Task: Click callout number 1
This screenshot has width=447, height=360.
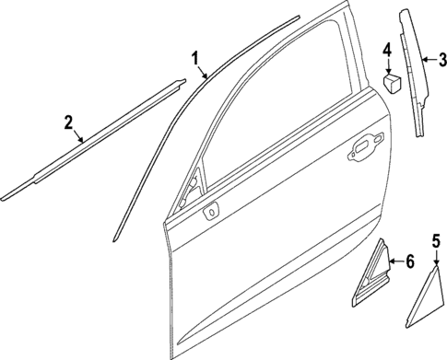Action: (195, 60)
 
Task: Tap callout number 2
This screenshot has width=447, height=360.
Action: (67, 121)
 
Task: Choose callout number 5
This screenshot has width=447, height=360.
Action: (435, 244)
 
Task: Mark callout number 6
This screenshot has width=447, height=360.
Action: (399, 261)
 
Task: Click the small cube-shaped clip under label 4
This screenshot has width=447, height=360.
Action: (392, 82)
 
